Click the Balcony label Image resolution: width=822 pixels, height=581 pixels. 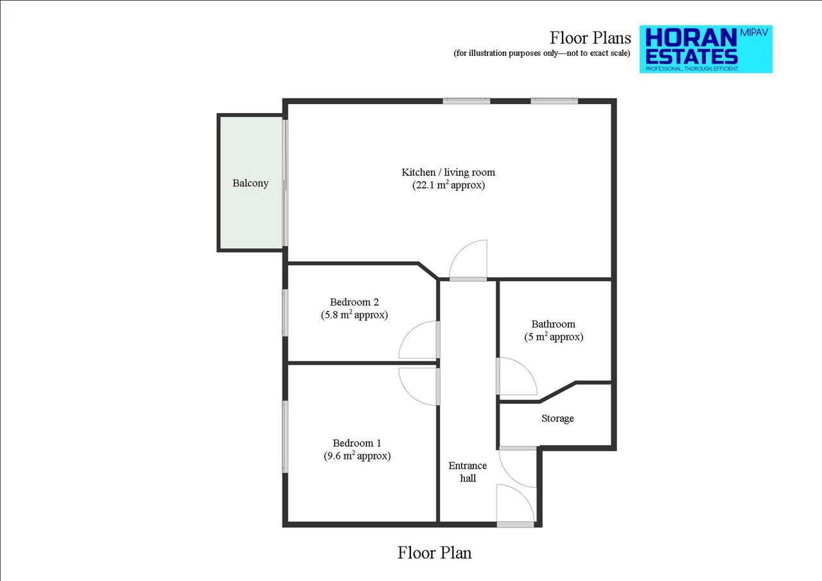250,184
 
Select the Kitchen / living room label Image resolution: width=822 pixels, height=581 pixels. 448,172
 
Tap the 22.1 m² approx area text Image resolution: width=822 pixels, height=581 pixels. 448,186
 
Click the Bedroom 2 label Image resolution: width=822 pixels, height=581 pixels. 354,302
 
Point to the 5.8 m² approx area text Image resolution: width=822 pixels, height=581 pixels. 354,315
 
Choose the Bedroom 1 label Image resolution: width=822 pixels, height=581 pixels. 357,443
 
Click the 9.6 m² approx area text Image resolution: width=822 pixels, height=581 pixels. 357,456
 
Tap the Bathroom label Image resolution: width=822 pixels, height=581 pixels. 554,324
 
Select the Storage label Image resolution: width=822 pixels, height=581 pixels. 557,419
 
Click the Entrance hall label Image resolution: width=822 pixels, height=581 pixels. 468,472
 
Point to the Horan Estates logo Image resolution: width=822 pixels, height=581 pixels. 705,49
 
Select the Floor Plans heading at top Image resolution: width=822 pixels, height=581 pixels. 590,37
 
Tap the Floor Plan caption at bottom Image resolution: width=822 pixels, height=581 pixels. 435,552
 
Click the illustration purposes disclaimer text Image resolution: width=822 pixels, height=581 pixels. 542,53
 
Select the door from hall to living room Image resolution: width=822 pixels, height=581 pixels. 469,260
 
